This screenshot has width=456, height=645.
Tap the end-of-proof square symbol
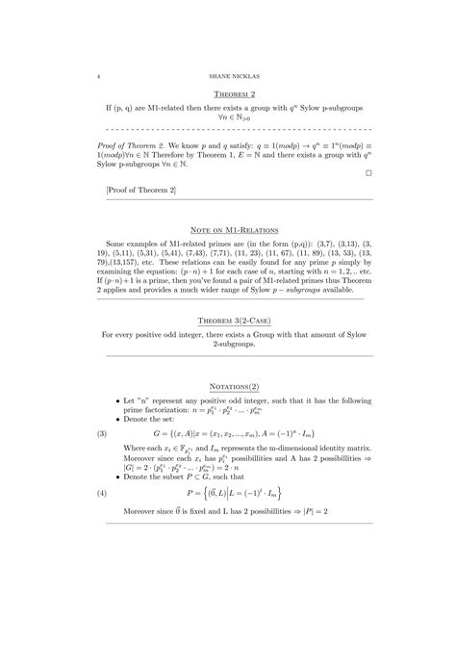click(x=368, y=173)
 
